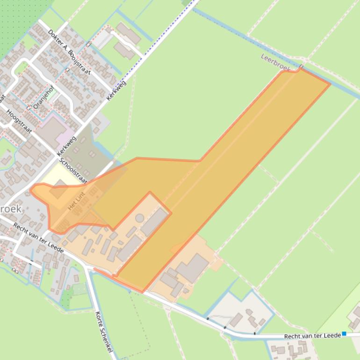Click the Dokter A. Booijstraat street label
coord(69,51)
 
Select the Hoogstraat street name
coord(19,121)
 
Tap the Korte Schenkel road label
coord(104,331)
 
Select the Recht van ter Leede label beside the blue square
coord(312,336)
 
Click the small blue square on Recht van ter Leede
coord(344,334)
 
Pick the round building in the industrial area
coord(139,218)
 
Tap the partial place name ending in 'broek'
coord(10,209)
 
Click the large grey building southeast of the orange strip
coord(192,267)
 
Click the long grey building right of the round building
coord(154,222)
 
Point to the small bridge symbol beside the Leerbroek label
coord(301,67)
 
